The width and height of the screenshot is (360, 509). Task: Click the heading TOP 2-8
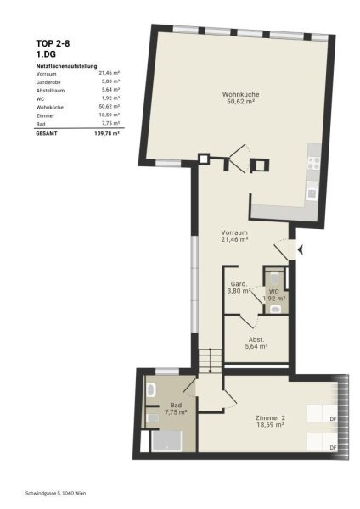[x=53, y=43]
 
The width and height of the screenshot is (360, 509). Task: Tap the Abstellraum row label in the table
[x=50, y=91]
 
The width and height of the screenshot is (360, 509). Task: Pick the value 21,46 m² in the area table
[x=110, y=73]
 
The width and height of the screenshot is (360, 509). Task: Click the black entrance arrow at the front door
[x=301, y=250]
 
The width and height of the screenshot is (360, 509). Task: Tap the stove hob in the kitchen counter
[x=314, y=163]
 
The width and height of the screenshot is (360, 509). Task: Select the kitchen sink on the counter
[x=312, y=190]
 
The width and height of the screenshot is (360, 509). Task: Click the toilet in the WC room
[x=275, y=277]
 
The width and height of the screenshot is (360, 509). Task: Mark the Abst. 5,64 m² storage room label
[x=256, y=343]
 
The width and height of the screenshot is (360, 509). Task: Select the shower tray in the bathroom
[x=166, y=441]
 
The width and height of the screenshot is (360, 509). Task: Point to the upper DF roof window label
[x=333, y=419]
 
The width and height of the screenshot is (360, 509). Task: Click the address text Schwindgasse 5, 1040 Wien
[x=55, y=494]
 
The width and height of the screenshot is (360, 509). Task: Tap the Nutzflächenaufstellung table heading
[x=66, y=66]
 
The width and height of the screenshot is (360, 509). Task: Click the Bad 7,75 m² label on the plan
[x=176, y=408]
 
